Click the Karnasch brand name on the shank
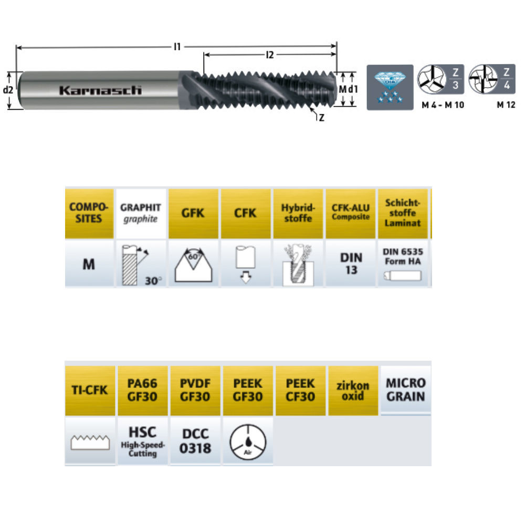click(x=100, y=90)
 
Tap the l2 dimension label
click(x=270, y=55)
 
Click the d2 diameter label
click(x=8, y=90)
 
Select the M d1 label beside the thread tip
click(x=348, y=90)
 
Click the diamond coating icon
click(x=389, y=87)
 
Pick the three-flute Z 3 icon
click(x=440, y=80)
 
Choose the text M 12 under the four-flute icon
click(x=506, y=104)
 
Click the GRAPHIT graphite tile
click(x=141, y=213)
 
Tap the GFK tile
click(x=193, y=213)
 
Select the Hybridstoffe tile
click(x=298, y=213)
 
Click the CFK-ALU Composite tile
click(x=350, y=213)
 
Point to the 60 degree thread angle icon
click(x=193, y=264)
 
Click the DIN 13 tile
click(x=350, y=264)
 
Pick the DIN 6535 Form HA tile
click(x=402, y=264)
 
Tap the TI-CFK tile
click(x=89, y=390)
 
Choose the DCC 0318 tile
click(x=195, y=442)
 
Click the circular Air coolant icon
click(x=248, y=442)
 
